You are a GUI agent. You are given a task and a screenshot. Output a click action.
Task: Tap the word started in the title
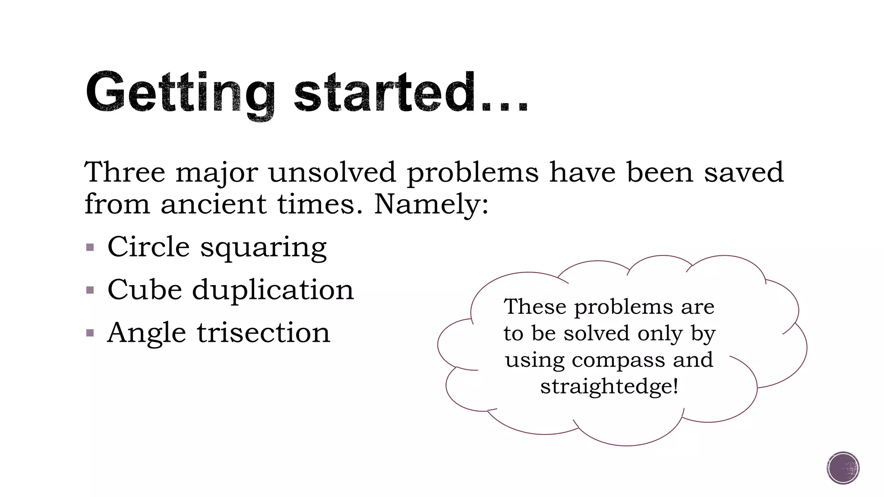pos(384,93)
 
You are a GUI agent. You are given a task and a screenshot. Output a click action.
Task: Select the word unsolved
pos(332,172)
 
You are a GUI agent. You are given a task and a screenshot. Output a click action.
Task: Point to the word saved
pos(743,172)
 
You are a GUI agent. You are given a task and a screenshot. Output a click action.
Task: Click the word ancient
pos(214,204)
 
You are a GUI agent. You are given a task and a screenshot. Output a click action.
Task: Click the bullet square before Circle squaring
pos(90,248)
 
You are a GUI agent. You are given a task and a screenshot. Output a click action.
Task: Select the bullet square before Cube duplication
pos(90,290)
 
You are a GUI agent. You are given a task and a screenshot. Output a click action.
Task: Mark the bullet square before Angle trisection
pos(90,333)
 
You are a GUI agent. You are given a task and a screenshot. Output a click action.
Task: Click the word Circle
pos(148,247)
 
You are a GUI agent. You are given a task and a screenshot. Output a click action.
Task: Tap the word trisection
pos(264,333)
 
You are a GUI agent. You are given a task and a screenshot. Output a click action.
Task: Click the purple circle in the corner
pos(843,468)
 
